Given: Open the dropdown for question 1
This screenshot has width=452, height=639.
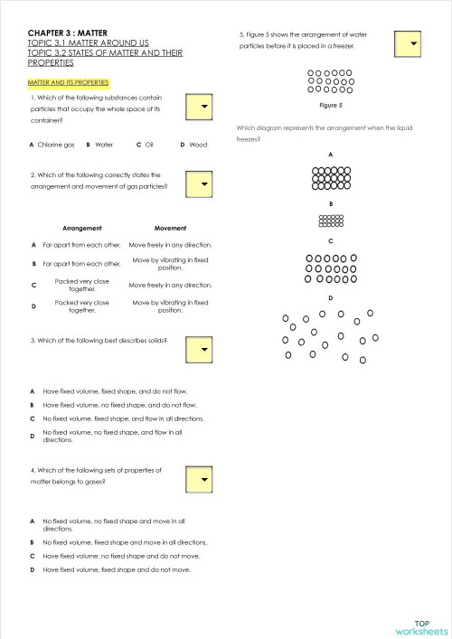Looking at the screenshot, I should pyautogui.click(x=203, y=107).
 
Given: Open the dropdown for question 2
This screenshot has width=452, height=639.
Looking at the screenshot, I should pyautogui.click(x=203, y=184).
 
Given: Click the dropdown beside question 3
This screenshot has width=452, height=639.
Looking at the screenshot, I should pyautogui.click(x=203, y=348).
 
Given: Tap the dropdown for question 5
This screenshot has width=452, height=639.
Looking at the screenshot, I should pyautogui.click(x=409, y=42).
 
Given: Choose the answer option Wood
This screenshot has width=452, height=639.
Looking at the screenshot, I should pyautogui.click(x=194, y=145).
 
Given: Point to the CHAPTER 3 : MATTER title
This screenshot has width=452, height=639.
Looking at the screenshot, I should pyautogui.click(x=68, y=33).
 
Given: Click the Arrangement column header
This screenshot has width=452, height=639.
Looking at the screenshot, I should pyautogui.click(x=82, y=228).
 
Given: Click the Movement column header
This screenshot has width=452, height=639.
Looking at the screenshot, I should pyautogui.click(x=170, y=228).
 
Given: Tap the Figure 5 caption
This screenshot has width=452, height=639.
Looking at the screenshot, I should pyautogui.click(x=331, y=106).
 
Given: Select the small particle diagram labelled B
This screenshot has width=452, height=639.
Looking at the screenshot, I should pyautogui.click(x=331, y=221).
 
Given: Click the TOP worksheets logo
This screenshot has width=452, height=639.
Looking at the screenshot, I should pyautogui.click(x=421, y=626).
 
